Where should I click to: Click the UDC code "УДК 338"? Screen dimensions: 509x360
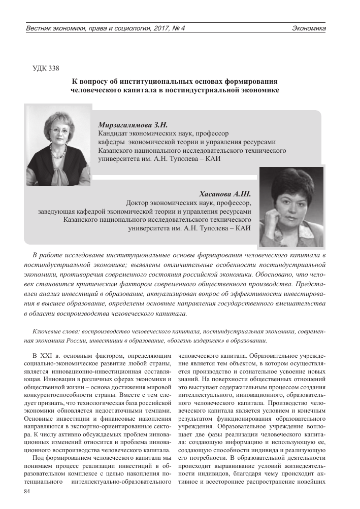point(46,69)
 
